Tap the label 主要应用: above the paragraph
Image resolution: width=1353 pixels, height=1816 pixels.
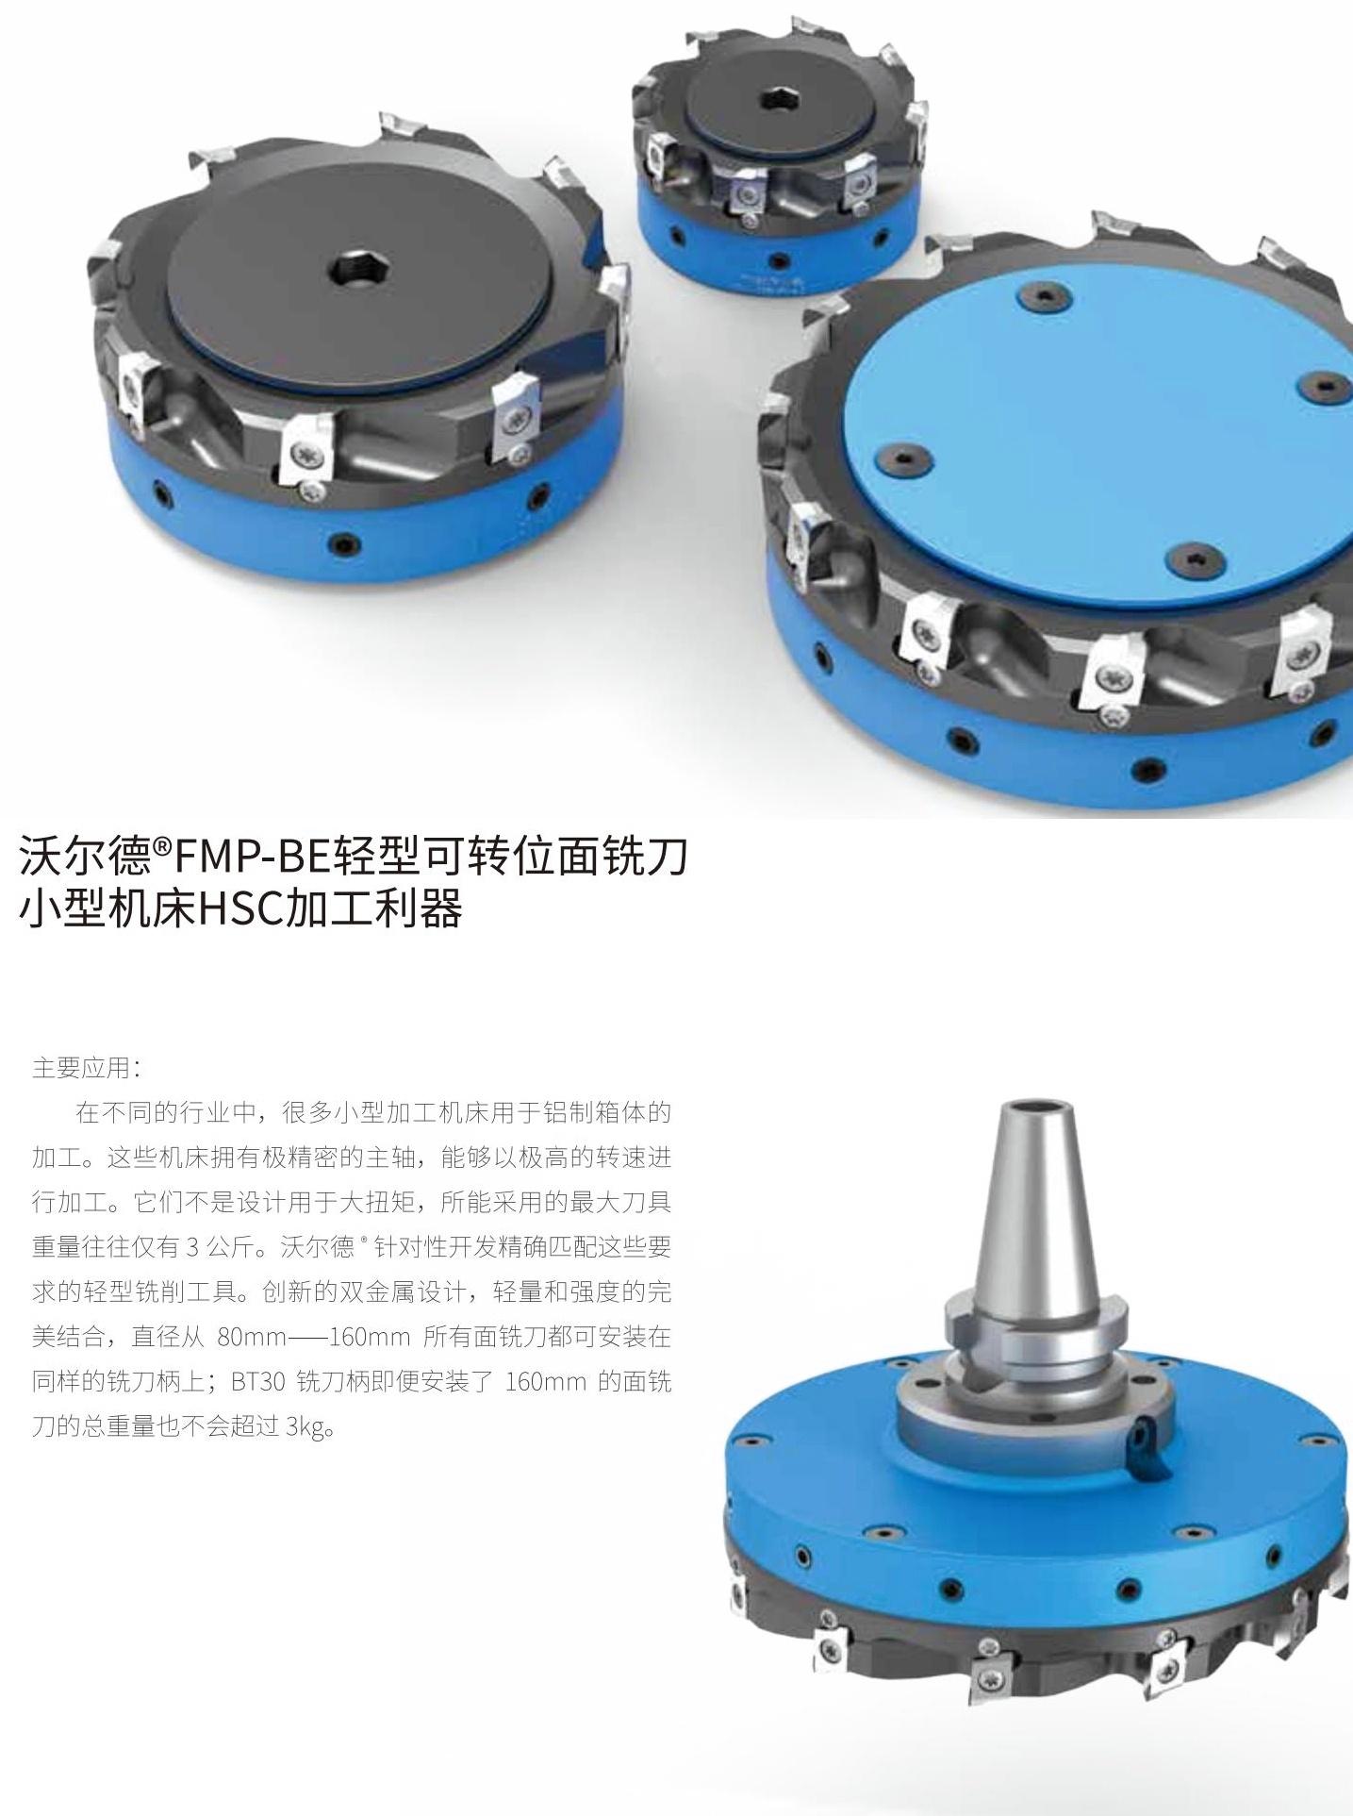(x=86, y=1067)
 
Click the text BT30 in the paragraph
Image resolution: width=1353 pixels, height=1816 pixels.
(x=257, y=1381)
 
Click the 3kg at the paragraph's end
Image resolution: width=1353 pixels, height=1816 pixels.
(x=305, y=1426)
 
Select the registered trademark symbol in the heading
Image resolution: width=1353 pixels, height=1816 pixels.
(x=162, y=845)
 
